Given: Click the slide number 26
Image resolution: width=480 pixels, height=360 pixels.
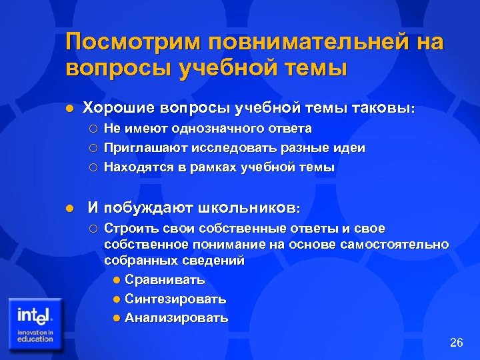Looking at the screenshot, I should point(456,343).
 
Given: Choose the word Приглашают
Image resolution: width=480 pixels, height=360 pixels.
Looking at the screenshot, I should point(146,147).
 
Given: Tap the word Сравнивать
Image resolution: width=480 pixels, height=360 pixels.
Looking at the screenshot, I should point(165,279).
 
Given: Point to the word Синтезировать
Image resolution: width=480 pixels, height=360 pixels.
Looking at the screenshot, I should point(175,299).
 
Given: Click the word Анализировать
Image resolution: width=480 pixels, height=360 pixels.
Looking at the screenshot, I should point(177,318).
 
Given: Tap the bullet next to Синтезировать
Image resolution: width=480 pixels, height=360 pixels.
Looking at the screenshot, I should point(117,299).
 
